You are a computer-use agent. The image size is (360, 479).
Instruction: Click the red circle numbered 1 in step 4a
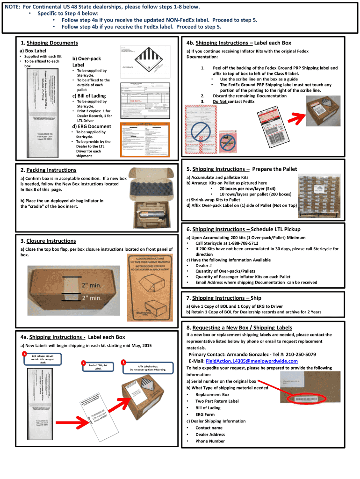click(x=24, y=354)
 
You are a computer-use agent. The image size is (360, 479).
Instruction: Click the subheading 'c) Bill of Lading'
click(x=89, y=96)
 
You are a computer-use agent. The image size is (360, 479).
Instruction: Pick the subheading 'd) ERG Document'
click(x=91, y=126)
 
